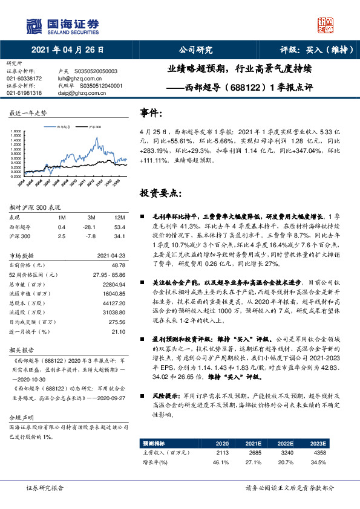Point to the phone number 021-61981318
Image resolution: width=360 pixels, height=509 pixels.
tap(24, 93)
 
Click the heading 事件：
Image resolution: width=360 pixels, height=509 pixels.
tap(151, 112)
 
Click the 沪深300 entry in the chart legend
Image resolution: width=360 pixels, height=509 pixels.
tap(94, 128)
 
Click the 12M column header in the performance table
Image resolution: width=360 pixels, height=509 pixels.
tap(119, 217)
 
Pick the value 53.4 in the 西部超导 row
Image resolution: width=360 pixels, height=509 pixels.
tap(120, 226)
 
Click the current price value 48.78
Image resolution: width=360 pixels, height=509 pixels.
tap(119, 265)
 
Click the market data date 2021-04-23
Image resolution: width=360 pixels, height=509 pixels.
tap(111, 255)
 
